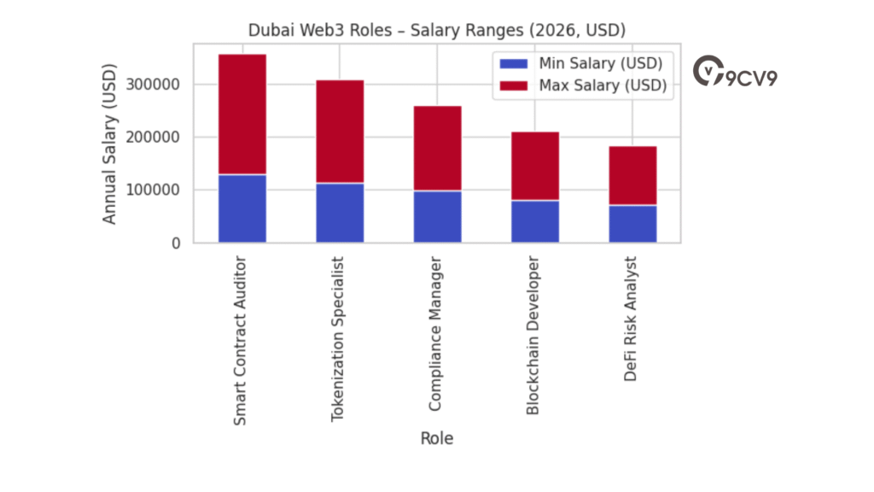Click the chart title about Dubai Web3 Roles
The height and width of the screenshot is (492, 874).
pos(437,30)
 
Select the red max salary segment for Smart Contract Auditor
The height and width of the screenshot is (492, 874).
pos(242,114)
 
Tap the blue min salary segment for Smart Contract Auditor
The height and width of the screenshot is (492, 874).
pos(242,208)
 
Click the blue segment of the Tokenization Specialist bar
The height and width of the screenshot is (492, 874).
pos(340,213)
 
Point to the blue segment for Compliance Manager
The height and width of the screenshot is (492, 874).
pos(438,216)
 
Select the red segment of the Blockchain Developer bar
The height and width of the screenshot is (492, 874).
pos(535,166)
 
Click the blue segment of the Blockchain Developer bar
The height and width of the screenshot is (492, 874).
pos(535,221)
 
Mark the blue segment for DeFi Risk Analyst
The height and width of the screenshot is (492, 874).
pos(632,224)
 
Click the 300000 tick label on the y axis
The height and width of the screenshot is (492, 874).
pos(153,85)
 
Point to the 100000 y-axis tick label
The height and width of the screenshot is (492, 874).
pos(153,190)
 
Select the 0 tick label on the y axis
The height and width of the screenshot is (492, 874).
pos(177,243)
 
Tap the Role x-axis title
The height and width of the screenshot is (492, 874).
pos(437,439)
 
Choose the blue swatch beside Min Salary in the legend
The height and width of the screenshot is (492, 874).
pos(514,63)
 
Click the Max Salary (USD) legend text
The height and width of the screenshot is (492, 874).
pos(603,85)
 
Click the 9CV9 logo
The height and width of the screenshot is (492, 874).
pos(736,73)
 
